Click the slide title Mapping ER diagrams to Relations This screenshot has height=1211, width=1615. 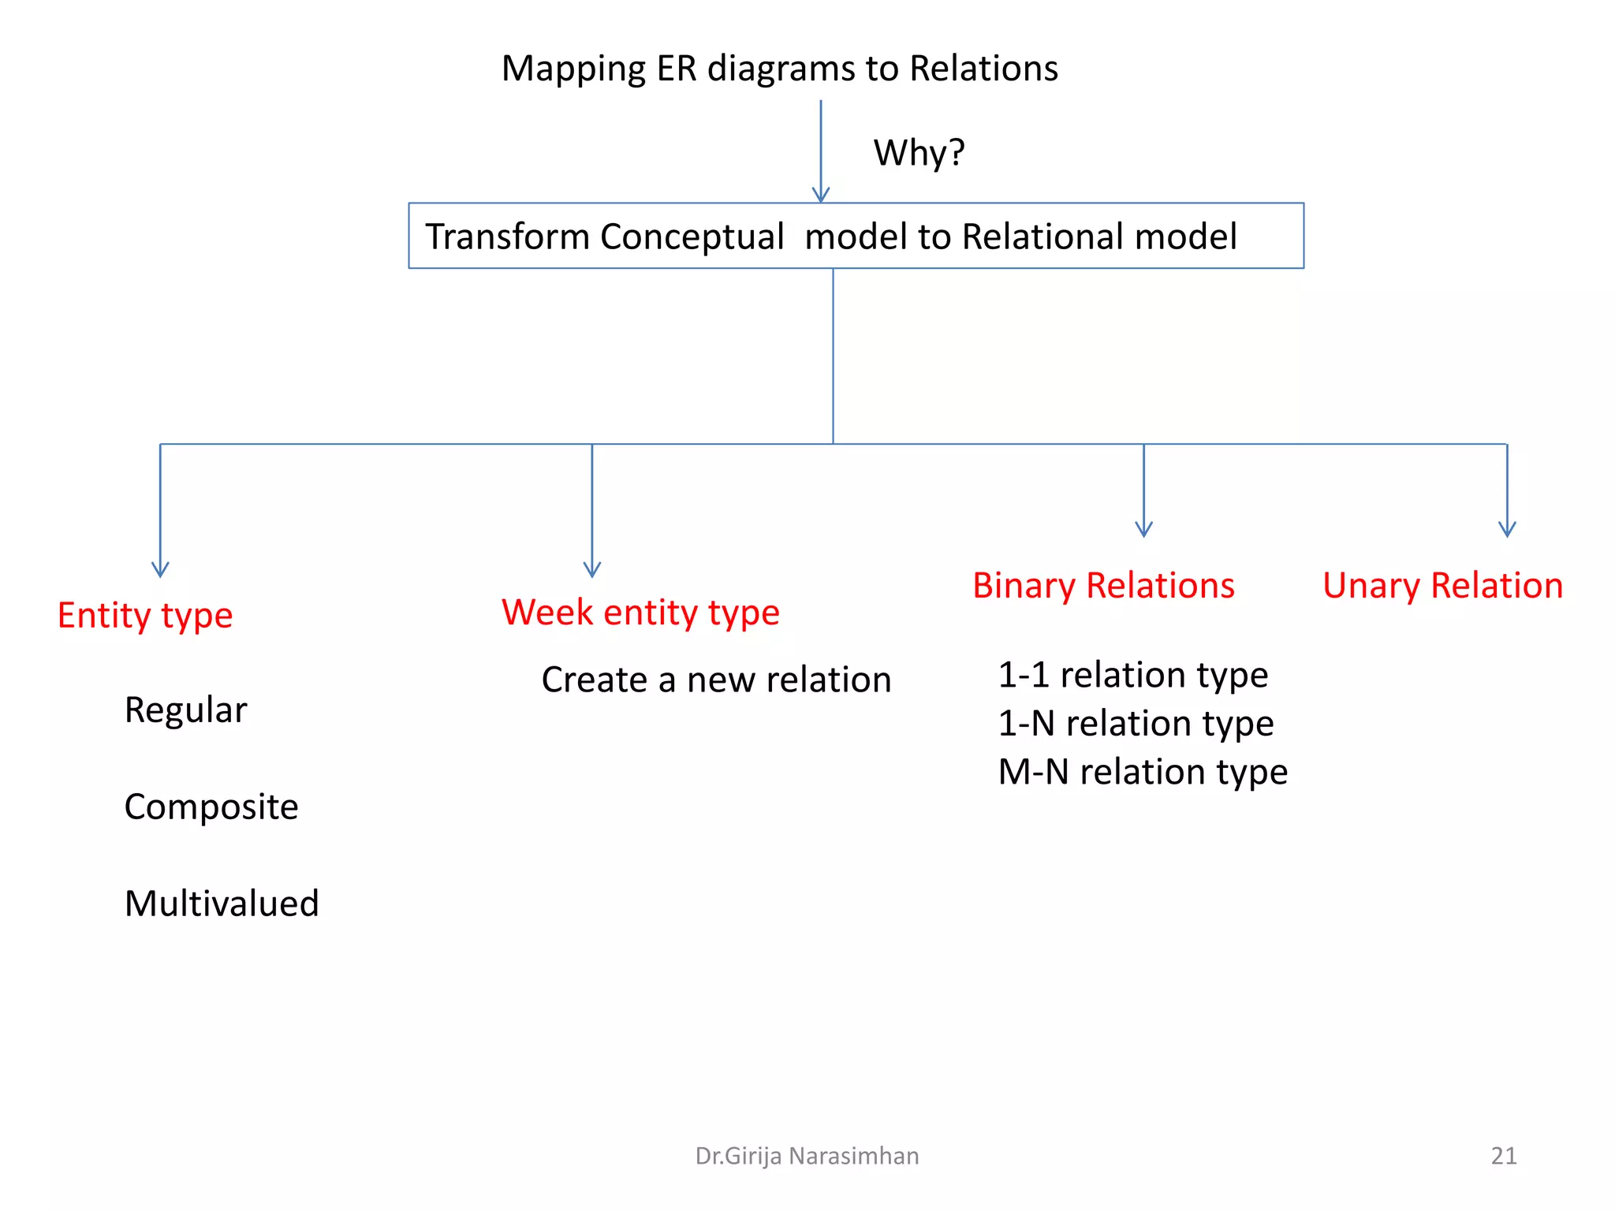tap(779, 69)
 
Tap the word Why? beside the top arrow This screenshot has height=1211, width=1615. tap(919, 152)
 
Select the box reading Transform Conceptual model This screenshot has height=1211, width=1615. tap(856, 236)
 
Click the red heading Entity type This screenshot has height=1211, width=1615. tap(145, 616)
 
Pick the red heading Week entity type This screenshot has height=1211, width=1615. tap(640, 613)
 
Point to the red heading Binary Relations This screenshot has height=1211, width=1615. tap(1103, 586)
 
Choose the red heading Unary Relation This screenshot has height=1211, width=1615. tap(1442, 586)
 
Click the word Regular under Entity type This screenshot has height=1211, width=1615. tap(185, 710)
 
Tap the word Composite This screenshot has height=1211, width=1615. tap(211, 807)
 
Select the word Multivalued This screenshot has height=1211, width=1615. tap(222, 904)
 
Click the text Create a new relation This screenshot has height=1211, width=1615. tap(716, 680)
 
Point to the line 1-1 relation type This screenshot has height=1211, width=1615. tap(1132, 675)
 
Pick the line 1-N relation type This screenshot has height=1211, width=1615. tap(1136, 724)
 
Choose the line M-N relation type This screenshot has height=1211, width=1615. tap(1143, 772)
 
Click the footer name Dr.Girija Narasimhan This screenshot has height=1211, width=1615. tap(807, 1156)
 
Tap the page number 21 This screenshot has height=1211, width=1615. tap(1503, 1156)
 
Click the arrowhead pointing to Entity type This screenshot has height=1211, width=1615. tap(160, 571)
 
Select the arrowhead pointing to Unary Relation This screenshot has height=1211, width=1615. tap(1507, 531)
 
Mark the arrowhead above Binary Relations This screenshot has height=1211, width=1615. tap(1143, 531)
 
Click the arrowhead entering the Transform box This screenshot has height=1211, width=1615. tap(821, 196)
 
